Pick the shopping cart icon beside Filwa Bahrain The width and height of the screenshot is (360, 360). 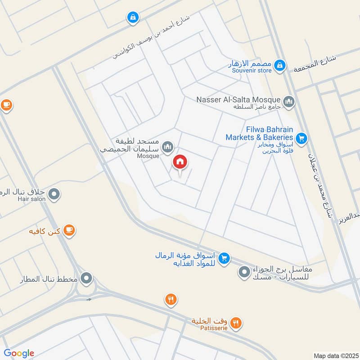[301, 138]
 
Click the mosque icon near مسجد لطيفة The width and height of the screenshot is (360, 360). [168, 147]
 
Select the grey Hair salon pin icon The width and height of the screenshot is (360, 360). [54, 194]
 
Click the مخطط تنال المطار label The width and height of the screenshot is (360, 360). [49, 279]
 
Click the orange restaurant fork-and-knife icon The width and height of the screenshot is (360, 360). [171, 300]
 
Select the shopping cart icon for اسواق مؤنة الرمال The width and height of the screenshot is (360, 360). [224, 258]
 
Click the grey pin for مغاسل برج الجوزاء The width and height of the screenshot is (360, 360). [244, 272]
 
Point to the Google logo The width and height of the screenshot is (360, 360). [19, 353]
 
